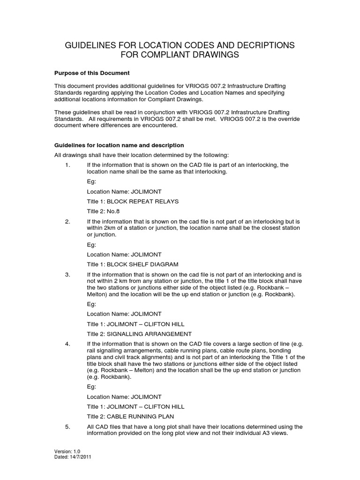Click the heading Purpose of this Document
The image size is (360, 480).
pos(92,74)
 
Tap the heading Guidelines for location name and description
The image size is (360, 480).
pos(119,145)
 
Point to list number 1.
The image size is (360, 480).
pos(67,165)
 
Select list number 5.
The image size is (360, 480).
pos(67,427)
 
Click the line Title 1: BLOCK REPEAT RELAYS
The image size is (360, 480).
pos(133,201)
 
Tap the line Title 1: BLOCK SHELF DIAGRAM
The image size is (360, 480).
pos(133,264)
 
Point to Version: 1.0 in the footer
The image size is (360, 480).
pos(68,451)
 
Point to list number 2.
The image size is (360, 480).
pos(67,221)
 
